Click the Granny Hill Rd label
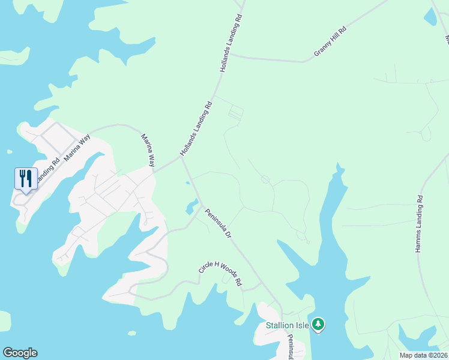330,42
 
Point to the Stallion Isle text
288,326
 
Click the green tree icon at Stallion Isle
318,325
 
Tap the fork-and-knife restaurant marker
26,178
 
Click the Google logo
20,353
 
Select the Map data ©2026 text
423,355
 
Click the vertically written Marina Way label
148,150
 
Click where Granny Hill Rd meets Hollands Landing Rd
231,55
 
